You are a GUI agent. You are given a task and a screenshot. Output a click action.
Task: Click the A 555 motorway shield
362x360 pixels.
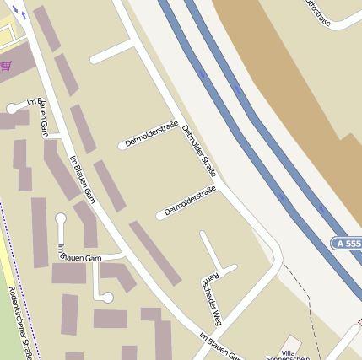tap(347, 243)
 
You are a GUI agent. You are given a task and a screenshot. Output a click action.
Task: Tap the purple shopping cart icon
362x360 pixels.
tap(6, 65)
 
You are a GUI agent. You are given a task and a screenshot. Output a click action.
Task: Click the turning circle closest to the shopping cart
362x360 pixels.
tap(12, 108)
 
